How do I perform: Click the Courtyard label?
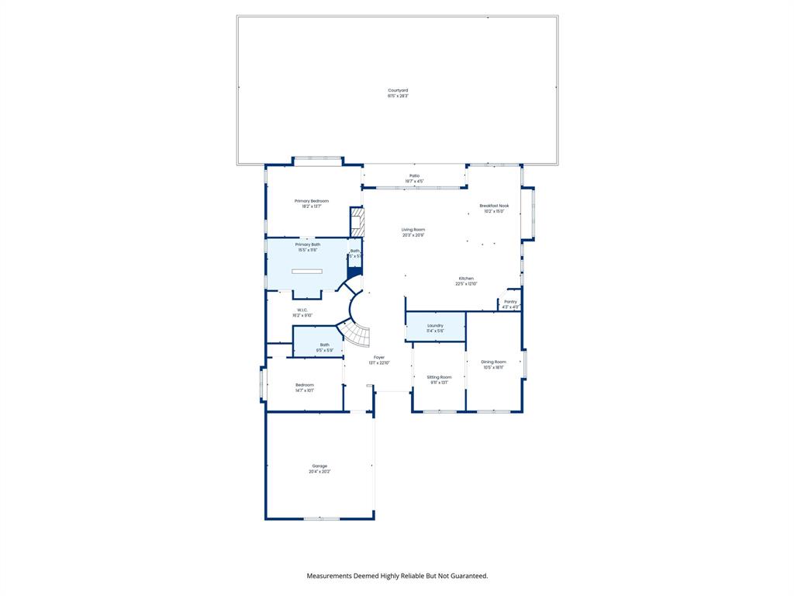(398, 91)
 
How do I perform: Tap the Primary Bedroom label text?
(311, 201)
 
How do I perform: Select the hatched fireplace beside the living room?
(357, 222)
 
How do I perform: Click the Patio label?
(415, 176)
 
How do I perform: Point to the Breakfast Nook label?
(494, 206)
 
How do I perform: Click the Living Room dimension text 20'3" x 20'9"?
(413, 235)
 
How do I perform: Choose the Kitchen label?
(466, 279)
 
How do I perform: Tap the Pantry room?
(510, 303)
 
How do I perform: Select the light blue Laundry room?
(435, 327)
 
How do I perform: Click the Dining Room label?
(493, 362)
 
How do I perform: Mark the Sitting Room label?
(439, 377)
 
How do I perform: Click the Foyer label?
(379, 358)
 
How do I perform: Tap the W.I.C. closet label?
(302, 310)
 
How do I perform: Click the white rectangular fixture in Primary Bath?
(307, 271)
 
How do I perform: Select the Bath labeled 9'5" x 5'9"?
(324, 347)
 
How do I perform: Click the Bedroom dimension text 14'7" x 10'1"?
(305, 390)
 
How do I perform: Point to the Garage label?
(319, 466)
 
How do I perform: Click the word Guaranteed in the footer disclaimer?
(464, 576)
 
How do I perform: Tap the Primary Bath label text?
(307, 244)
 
